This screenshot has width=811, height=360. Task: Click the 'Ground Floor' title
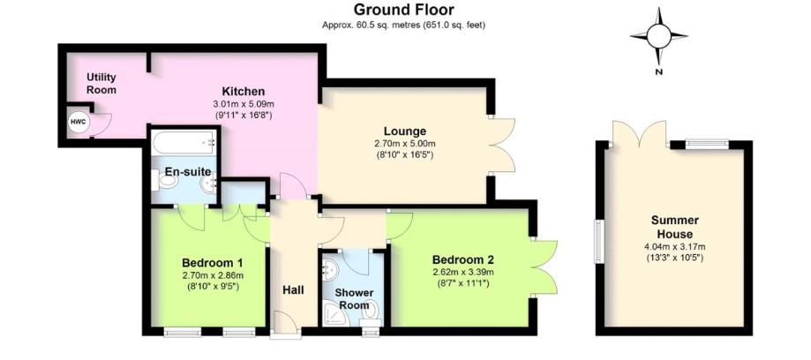[x=405, y=10]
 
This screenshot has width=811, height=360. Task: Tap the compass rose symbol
[x=658, y=35]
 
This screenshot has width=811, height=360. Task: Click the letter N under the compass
[x=658, y=72]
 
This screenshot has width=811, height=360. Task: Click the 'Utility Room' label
[x=101, y=83]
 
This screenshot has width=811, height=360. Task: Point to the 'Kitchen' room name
[x=243, y=91]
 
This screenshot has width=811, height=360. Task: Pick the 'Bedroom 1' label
[x=212, y=262]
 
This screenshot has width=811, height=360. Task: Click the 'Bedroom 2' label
[x=462, y=259]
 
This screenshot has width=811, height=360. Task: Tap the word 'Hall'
[x=293, y=289]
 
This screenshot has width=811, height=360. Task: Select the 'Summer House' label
[x=675, y=226]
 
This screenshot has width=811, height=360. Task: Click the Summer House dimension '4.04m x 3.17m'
[x=675, y=246]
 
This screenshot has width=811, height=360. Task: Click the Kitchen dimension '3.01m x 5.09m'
[x=243, y=104]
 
